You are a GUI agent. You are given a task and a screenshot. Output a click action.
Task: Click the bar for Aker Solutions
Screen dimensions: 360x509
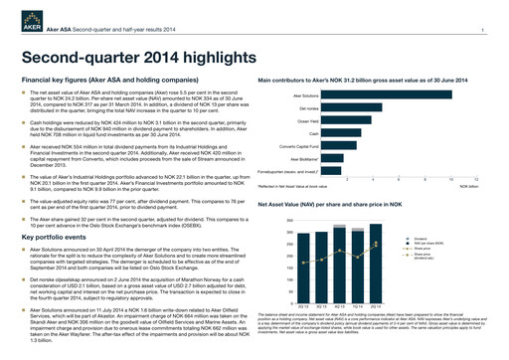point(367,95)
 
